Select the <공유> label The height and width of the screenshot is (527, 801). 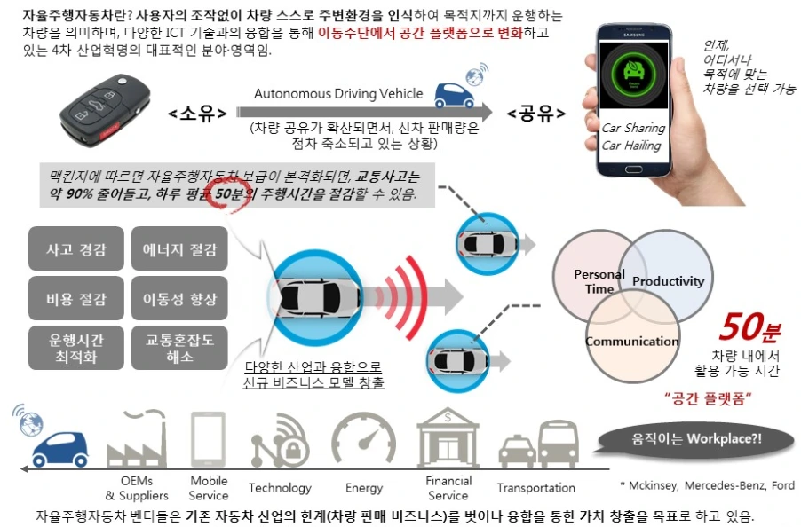pos(536,113)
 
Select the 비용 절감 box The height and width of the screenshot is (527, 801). pos(75,299)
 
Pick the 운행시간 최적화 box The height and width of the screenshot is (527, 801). pos(75,349)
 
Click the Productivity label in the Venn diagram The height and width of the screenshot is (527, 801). pos(668,281)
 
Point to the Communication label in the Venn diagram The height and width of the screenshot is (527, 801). pos(631,342)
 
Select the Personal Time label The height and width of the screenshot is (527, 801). pos(599,281)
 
